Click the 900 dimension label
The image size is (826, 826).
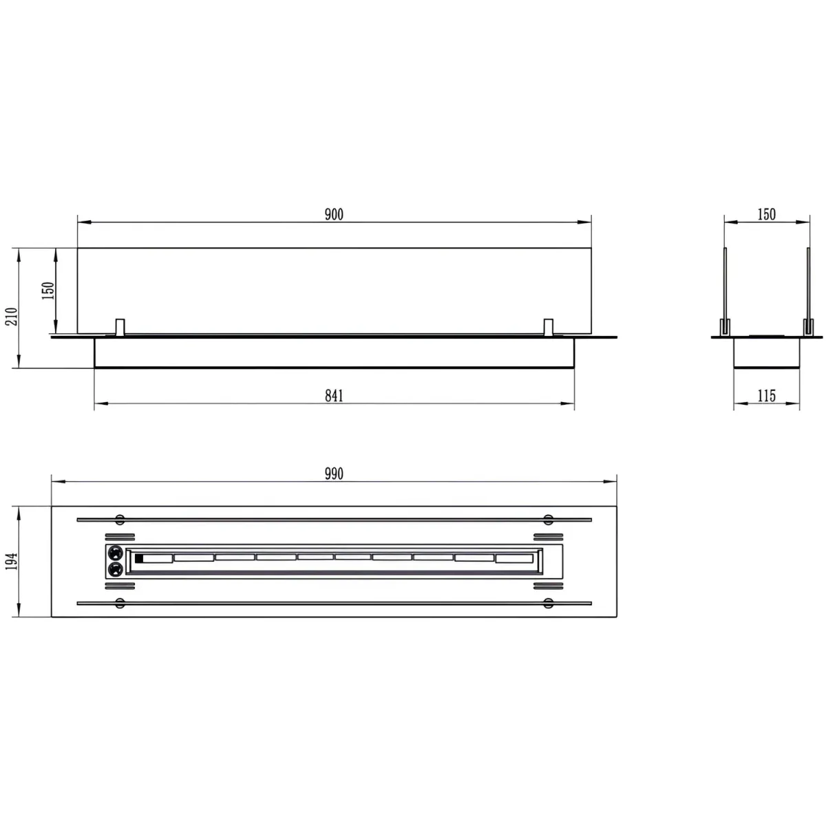(333, 214)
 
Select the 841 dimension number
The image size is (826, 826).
(333, 396)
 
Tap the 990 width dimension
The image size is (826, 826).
(333, 474)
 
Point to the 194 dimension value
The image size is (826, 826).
(12, 561)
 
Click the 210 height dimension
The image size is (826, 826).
(12, 317)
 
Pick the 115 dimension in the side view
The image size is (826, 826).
(766, 396)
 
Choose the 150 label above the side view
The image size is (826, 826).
(766, 214)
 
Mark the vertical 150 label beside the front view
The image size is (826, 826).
(48, 290)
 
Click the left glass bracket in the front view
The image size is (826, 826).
(120, 327)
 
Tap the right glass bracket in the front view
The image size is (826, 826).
(548, 327)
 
